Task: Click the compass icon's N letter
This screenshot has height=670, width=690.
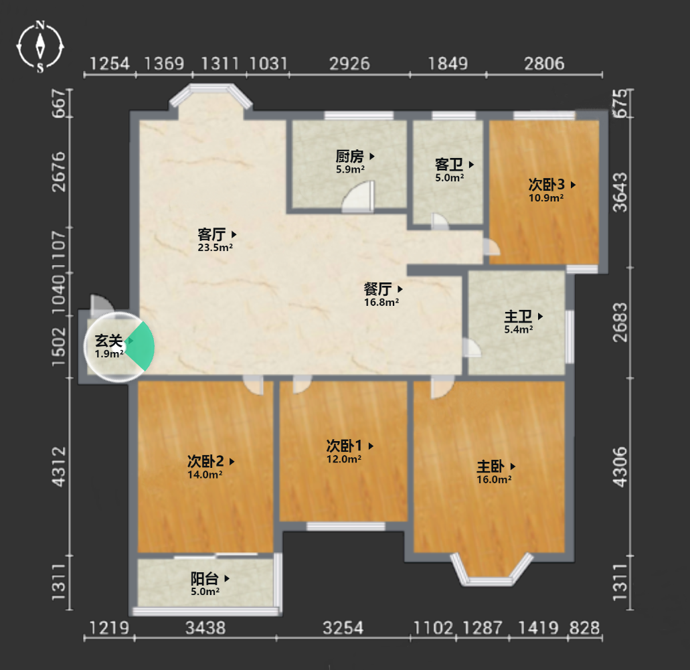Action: click(40, 25)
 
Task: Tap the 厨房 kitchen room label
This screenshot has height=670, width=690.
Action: click(350, 156)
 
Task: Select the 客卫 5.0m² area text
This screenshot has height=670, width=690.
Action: click(449, 178)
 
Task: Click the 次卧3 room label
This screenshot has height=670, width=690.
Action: click(547, 185)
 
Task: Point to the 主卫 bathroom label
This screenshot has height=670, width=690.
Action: click(518, 316)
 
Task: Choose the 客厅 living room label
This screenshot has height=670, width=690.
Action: click(211, 234)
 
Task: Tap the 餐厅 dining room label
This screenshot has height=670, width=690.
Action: click(377, 288)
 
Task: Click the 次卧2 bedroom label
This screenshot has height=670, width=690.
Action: click(205, 461)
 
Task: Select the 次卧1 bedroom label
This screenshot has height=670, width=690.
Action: click(344, 446)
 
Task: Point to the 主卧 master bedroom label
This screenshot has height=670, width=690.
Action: click(490, 466)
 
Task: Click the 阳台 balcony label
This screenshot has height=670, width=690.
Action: click(205, 578)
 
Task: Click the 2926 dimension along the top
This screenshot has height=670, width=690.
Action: click(350, 64)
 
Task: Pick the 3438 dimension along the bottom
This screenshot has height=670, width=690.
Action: click(205, 628)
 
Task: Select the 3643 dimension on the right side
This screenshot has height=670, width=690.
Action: click(620, 192)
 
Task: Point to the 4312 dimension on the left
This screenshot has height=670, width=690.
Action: click(58, 467)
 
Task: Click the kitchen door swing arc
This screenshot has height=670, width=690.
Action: click(358, 196)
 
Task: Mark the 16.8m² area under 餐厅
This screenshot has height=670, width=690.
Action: click(381, 303)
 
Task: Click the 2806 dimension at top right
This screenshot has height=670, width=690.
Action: click(544, 64)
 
